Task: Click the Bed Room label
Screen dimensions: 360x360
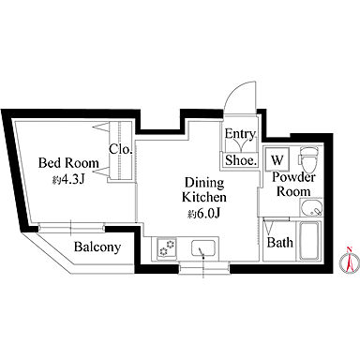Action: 68,163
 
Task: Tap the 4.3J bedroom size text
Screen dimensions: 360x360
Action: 68,180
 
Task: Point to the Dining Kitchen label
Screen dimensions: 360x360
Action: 204,190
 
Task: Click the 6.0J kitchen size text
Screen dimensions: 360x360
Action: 204,214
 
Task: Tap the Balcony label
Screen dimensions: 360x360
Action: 97,247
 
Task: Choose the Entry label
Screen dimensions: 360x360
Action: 240,134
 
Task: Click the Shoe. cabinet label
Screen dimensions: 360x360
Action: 241,160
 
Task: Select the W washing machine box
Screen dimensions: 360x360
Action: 277,158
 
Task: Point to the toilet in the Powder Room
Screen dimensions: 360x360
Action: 308,159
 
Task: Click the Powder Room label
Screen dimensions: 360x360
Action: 293,185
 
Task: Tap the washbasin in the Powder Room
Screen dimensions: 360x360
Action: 311,207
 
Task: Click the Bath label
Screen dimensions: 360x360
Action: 280,243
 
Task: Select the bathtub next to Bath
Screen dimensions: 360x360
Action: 310,241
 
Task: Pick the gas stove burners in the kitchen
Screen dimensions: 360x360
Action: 167,247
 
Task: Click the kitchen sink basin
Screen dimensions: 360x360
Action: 202,247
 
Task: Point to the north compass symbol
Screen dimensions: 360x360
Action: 350,261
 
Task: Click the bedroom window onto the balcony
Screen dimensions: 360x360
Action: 71,227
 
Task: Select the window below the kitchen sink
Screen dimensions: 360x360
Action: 203,268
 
